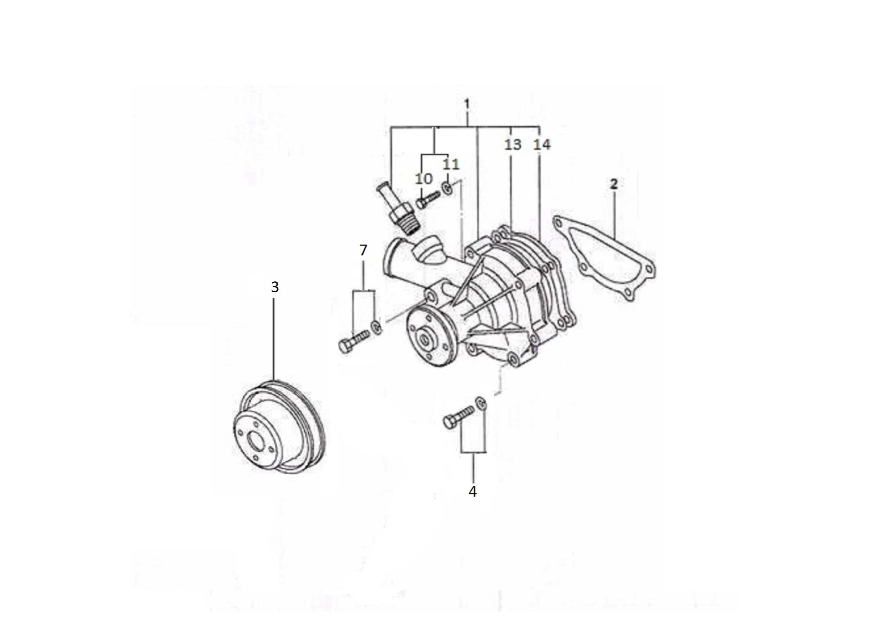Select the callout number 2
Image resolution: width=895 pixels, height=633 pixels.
[614, 184]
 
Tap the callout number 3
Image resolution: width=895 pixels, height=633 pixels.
[275, 288]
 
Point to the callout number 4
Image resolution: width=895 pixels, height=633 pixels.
[473, 492]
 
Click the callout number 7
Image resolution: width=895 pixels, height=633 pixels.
[363, 250]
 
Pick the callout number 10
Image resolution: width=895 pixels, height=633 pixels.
[424, 178]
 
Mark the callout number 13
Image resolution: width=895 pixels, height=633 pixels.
[513, 145]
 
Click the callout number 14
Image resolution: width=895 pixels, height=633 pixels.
[542, 145]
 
